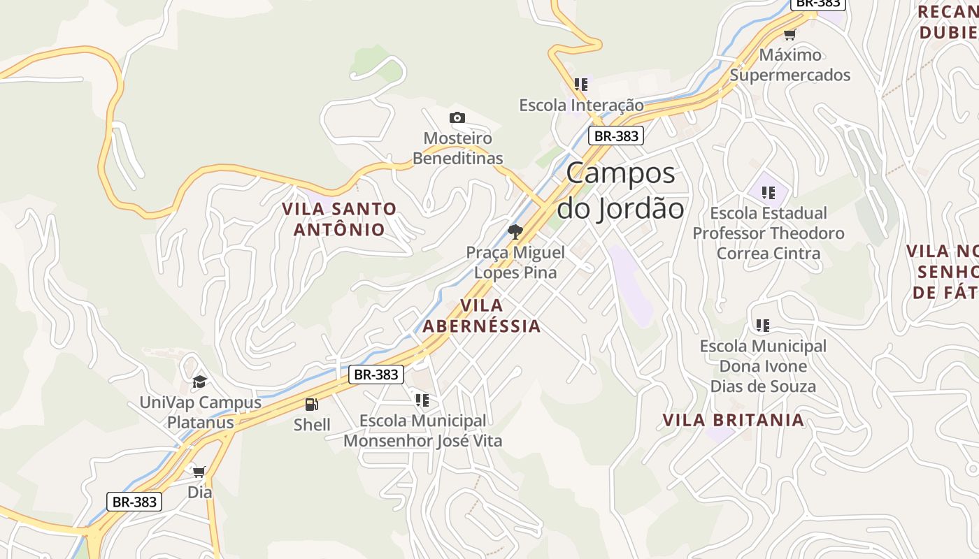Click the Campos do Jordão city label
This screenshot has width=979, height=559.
620,191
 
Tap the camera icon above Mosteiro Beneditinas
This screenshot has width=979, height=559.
457,117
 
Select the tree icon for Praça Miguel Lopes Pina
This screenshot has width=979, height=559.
515,231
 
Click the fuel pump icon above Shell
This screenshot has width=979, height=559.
312,404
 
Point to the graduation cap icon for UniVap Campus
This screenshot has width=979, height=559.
200,382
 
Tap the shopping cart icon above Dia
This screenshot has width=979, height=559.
199,472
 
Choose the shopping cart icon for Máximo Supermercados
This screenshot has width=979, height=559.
790,34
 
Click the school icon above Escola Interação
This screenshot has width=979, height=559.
581,85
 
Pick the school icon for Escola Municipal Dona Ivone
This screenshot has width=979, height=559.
763,325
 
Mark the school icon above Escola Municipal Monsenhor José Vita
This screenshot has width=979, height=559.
422,400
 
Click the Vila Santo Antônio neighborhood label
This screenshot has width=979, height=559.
339,219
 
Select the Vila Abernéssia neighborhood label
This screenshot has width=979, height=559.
482,316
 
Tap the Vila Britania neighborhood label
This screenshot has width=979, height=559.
733,420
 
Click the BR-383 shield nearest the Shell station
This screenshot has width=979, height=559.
376,375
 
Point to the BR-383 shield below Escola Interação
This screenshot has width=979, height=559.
615,136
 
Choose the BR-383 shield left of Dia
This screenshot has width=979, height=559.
134,502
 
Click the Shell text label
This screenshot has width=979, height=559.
312,424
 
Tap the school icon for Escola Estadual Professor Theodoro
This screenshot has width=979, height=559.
769,192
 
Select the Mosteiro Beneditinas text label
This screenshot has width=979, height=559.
457,148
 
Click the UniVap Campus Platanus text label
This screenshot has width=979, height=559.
200,412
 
